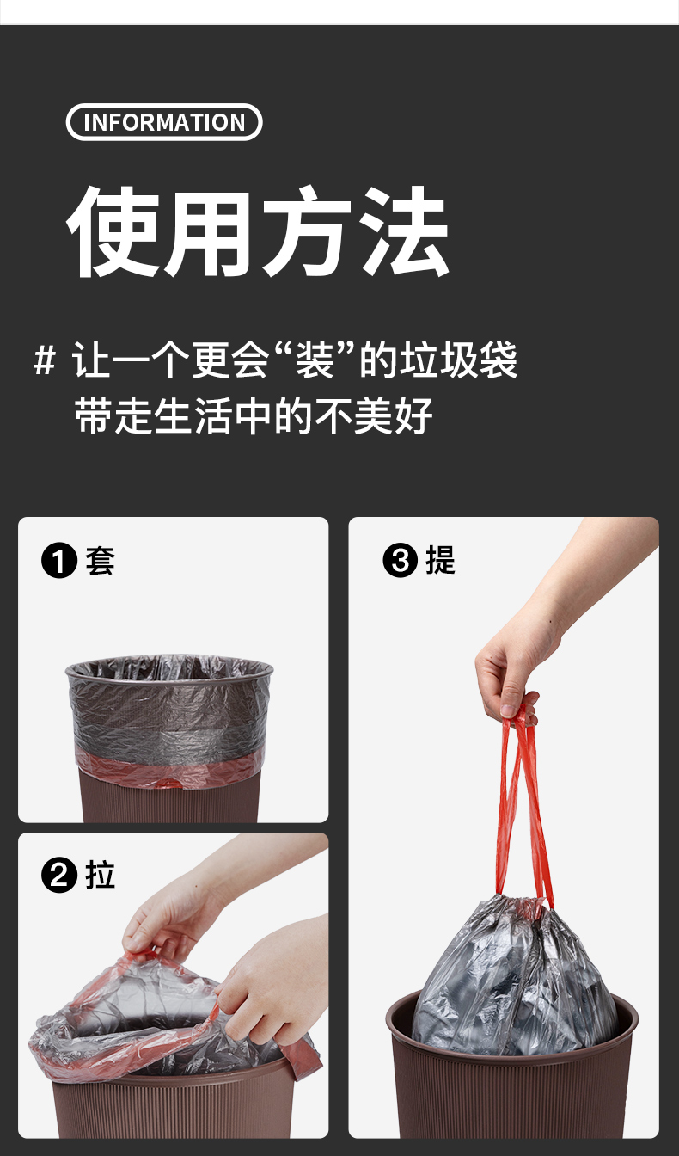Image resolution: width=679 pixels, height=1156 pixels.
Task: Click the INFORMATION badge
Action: (x=164, y=122)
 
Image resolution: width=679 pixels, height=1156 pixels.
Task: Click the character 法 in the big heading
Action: (x=403, y=231)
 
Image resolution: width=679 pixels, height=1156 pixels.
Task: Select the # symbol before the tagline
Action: (x=45, y=360)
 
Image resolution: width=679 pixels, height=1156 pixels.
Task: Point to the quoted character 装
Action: (x=314, y=360)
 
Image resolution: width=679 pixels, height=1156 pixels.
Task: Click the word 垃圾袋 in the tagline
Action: (x=459, y=360)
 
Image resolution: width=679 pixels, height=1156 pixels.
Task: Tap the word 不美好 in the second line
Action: (x=373, y=415)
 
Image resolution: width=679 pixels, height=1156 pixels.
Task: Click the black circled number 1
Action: (x=59, y=561)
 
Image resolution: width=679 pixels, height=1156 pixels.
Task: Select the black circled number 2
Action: (x=59, y=876)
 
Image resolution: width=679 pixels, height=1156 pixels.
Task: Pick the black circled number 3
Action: (x=400, y=561)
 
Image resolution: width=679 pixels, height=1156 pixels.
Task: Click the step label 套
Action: (x=100, y=561)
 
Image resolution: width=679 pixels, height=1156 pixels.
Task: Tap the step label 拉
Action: (x=100, y=876)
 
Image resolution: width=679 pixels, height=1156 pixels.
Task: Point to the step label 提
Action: (x=440, y=561)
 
